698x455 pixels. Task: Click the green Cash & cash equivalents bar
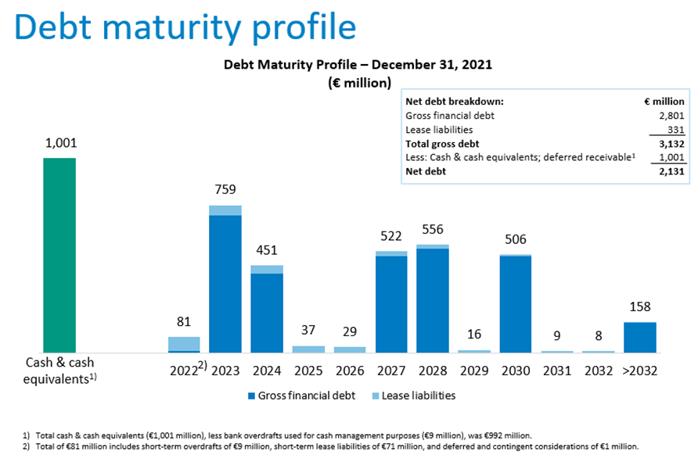(x=59, y=255)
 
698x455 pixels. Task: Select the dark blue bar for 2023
(x=225, y=283)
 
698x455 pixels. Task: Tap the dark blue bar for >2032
(x=639, y=337)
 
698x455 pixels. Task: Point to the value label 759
(x=225, y=189)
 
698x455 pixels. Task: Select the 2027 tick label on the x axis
(x=391, y=371)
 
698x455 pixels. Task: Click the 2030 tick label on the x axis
(x=515, y=371)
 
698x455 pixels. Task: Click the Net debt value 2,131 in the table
(x=671, y=170)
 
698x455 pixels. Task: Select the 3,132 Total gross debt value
(x=671, y=143)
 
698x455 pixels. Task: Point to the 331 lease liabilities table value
(x=675, y=129)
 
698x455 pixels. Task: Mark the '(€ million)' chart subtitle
(x=359, y=82)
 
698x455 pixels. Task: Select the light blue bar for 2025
(x=308, y=349)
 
